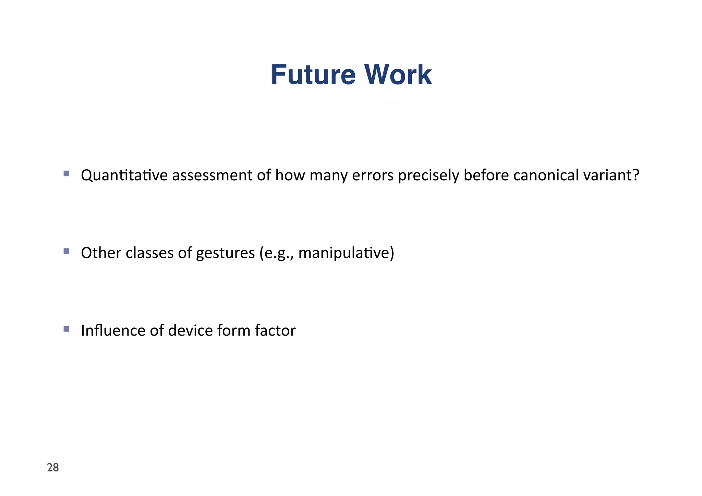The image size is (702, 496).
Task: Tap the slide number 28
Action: click(x=53, y=468)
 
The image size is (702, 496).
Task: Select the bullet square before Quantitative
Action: click(x=66, y=173)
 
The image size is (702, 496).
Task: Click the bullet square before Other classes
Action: click(x=66, y=251)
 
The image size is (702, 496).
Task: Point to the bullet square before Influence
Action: click(x=66, y=329)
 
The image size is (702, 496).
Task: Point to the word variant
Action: click(x=607, y=175)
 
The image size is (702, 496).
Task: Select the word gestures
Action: click(x=225, y=254)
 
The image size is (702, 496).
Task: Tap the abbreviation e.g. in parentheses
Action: click(x=277, y=254)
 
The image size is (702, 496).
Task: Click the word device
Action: click(x=190, y=331)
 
